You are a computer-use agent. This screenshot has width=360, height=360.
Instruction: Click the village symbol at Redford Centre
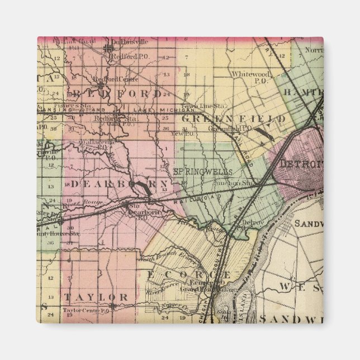click(100, 85)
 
